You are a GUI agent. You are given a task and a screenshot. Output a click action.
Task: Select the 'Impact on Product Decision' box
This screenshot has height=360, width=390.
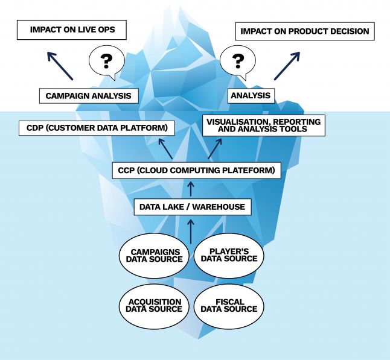[x=304, y=31]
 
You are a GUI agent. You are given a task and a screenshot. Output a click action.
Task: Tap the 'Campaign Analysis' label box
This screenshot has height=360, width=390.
[x=88, y=95]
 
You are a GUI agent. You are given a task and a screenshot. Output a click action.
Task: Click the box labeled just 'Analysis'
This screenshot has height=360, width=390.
[x=251, y=95]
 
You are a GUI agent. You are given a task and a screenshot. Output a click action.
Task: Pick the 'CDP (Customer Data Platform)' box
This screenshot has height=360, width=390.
[x=97, y=128]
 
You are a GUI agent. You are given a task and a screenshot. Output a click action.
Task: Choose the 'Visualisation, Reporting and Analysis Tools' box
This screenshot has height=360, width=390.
[x=263, y=125]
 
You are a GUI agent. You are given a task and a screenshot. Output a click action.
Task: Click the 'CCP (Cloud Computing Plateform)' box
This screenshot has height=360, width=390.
[x=196, y=171]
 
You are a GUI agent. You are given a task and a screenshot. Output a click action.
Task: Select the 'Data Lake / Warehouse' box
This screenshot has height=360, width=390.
[x=192, y=207]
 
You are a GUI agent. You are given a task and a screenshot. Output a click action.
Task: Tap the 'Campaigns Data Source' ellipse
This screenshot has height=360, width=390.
[x=154, y=255]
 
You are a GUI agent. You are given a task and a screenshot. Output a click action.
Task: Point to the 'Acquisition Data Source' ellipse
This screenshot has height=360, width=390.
[x=154, y=305]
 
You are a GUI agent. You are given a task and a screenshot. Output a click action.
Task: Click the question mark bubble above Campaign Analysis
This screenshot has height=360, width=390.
[x=106, y=61]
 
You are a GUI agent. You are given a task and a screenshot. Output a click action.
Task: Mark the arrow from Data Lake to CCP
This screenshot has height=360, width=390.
[x=192, y=189]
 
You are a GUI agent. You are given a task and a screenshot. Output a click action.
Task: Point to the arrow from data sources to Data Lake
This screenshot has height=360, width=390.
[x=192, y=230]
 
